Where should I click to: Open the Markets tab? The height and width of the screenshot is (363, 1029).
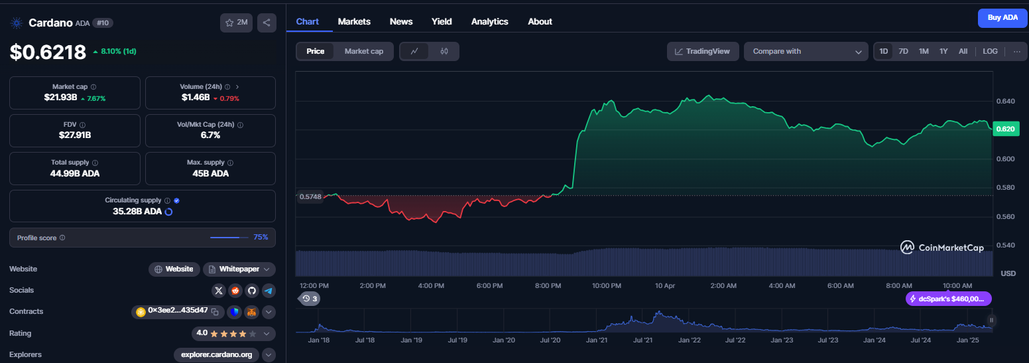point(354,22)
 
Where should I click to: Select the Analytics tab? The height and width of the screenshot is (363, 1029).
point(489,22)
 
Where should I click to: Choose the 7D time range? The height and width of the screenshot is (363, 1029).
point(903,52)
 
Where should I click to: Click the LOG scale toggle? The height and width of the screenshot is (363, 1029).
point(990,52)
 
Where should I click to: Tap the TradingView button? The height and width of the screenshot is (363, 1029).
point(702,52)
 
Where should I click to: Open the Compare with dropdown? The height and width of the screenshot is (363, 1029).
point(806,52)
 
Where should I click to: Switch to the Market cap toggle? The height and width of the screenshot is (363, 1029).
point(364,52)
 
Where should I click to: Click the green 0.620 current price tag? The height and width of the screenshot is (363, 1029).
point(1006,129)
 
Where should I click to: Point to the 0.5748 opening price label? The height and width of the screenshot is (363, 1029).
point(310,196)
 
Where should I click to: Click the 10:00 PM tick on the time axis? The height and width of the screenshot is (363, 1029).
point(607,286)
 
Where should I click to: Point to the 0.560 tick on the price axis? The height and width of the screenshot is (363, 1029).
point(1005,217)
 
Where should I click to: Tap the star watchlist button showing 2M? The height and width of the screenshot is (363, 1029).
point(236,23)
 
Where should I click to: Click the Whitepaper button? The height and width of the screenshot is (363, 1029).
point(239,269)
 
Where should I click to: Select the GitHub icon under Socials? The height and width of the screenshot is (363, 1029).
point(251,290)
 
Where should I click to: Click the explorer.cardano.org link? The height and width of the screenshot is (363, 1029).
point(216,355)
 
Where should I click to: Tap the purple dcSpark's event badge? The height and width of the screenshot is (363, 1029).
point(948,299)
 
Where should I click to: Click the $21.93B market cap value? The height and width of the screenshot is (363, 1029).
point(60,98)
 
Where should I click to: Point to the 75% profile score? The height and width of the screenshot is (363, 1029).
point(261,238)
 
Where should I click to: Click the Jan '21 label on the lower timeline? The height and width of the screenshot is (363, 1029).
point(596,340)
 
